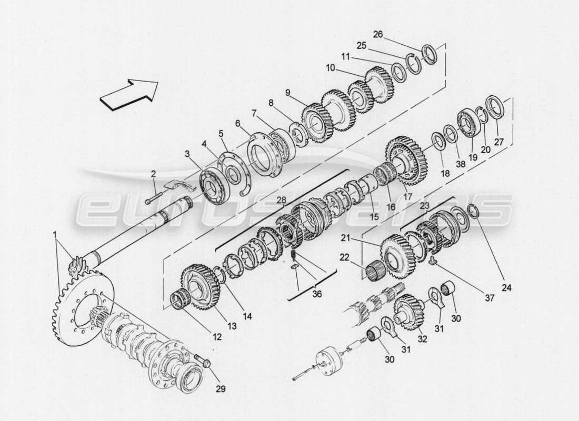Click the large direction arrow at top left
coord(128,93)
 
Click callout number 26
coord(393,35)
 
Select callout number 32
coord(422,339)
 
